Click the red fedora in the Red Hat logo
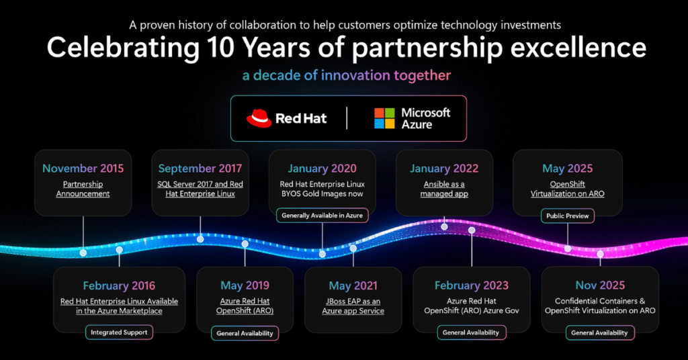coord(259,118)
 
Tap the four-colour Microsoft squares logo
coord(384,118)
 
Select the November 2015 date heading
coord(83,169)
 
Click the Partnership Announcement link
coord(83,189)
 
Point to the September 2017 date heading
coord(200,169)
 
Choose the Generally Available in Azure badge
coord(322,216)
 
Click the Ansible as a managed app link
coord(444,189)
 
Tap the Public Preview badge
coord(567,216)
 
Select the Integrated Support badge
coord(119,332)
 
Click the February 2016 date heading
coord(119,286)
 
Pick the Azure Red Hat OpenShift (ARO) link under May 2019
coord(245,306)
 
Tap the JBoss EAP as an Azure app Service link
coord(353,306)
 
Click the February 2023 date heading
coord(471,285)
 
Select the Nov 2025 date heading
coord(600,285)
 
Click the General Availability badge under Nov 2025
coord(599,333)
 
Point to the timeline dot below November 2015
coord(83,253)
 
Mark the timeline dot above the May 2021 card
coord(353,249)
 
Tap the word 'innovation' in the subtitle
coord(355,75)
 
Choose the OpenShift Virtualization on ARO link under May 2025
coord(567,189)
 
